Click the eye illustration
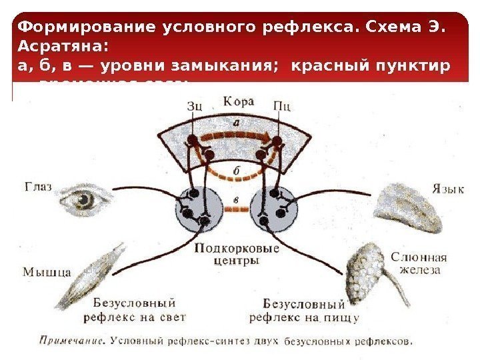(x=83, y=199)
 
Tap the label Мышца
(x=47, y=272)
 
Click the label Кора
(x=237, y=102)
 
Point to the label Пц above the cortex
(x=283, y=105)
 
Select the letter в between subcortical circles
(x=235, y=198)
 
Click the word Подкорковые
(x=237, y=249)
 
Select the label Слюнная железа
(x=418, y=263)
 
